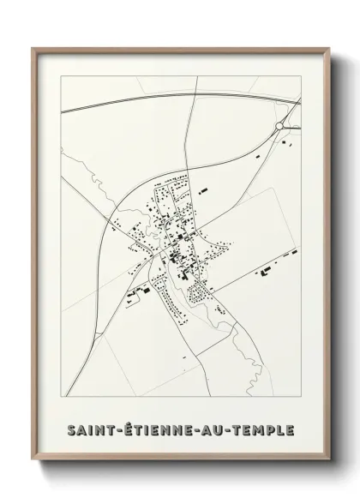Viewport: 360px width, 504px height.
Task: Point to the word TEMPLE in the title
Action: tap(255, 427)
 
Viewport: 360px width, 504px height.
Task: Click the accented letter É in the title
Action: tap(123, 426)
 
